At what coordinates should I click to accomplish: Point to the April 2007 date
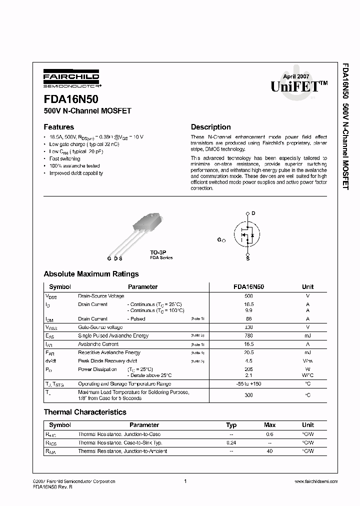pyautogui.click(x=296, y=76)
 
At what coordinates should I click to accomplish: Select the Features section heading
pyautogui.click(x=58, y=127)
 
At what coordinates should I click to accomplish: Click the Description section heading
pyautogui.click(x=210, y=127)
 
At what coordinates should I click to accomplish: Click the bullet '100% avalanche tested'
pyautogui.click(x=74, y=165)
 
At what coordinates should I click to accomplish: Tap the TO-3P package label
pyautogui.click(x=158, y=252)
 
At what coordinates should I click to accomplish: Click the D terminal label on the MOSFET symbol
pyautogui.click(x=253, y=213)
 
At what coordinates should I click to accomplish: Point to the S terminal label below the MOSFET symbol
pyautogui.click(x=247, y=258)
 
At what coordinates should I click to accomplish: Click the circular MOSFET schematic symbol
pyautogui.click(x=247, y=234)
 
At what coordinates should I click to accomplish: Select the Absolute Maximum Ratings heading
pyautogui.click(x=91, y=274)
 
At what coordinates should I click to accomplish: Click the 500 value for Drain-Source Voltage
pyautogui.click(x=248, y=296)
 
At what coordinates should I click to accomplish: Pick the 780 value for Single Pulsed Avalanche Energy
pyautogui.click(x=248, y=335)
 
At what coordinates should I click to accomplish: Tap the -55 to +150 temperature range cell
pyautogui.click(x=248, y=383)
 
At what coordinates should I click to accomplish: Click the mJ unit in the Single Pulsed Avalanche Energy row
pyautogui.click(x=307, y=335)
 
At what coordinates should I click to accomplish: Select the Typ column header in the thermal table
pyautogui.click(x=231, y=425)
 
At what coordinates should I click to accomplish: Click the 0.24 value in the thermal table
pyautogui.click(x=231, y=442)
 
